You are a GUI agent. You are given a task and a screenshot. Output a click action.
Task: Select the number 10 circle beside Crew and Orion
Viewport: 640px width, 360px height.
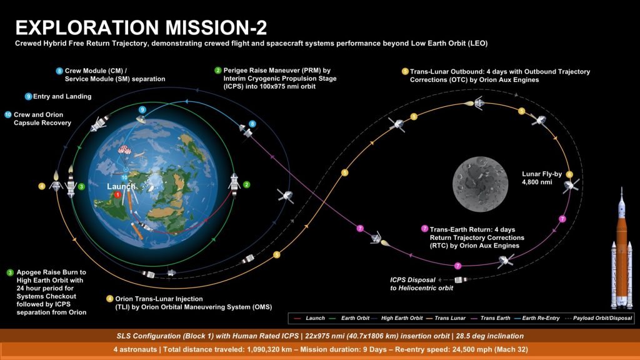point(7,115)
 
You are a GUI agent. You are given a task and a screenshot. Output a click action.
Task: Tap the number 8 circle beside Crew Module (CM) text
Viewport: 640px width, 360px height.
point(59,71)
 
